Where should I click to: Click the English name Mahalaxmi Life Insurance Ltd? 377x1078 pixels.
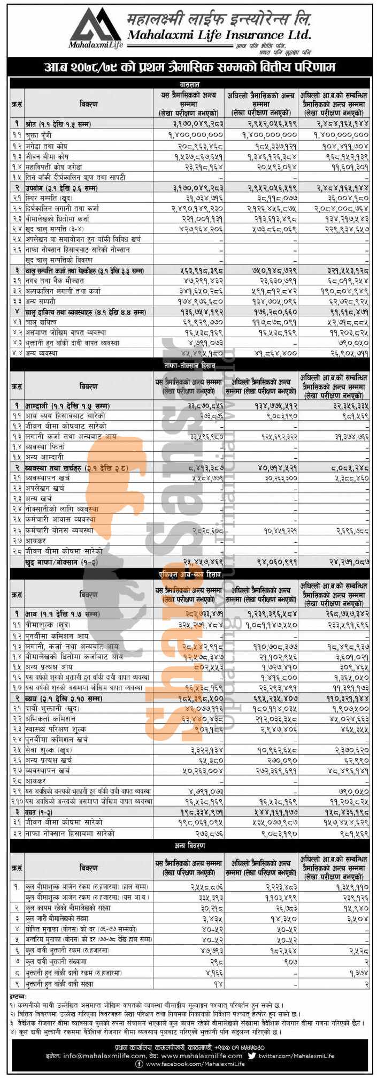(x=219, y=35)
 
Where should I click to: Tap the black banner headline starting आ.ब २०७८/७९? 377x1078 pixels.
(x=189, y=68)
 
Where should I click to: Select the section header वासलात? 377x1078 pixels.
(x=189, y=84)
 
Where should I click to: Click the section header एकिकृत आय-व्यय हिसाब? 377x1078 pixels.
(x=189, y=573)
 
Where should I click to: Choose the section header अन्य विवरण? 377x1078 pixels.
(x=189, y=846)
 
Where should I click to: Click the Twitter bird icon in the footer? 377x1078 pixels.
(x=252, y=1056)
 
